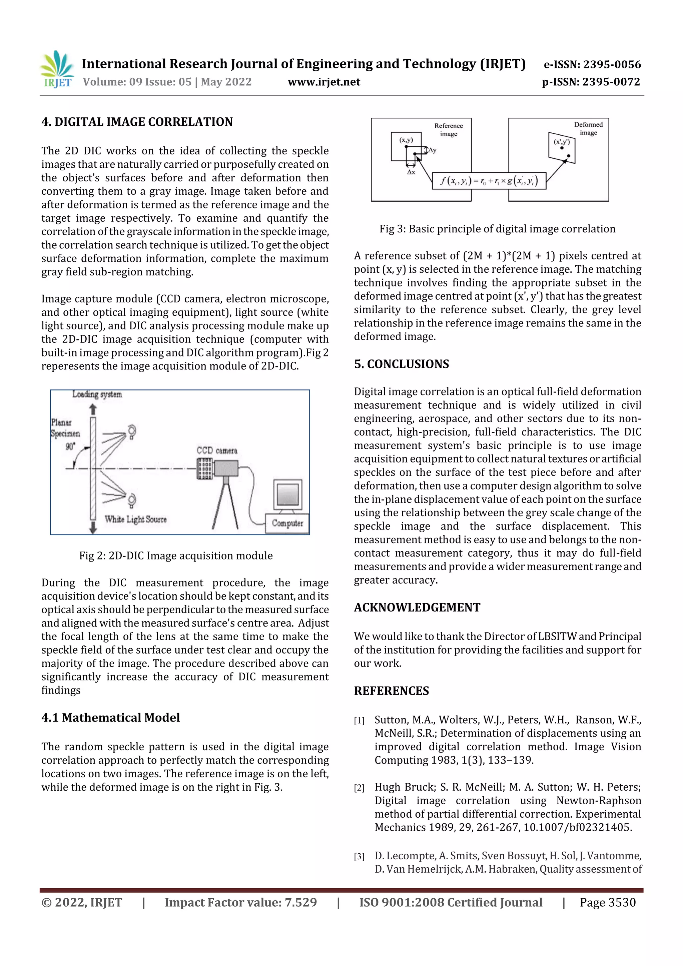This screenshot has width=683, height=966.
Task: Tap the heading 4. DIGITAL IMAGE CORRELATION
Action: (x=137, y=122)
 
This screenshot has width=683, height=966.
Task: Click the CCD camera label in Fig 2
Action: (x=217, y=450)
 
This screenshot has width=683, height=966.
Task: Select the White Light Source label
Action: (x=135, y=519)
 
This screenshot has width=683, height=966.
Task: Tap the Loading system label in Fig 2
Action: (x=97, y=394)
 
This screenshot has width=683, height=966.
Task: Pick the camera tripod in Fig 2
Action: (x=225, y=505)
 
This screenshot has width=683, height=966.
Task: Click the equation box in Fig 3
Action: (x=489, y=181)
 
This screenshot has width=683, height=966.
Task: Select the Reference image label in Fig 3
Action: (x=448, y=130)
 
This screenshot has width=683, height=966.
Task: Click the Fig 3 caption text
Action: (x=497, y=229)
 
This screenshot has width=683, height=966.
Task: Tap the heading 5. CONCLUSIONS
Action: (x=401, y=364)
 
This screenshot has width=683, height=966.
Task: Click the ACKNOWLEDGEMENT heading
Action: (x=417, y=608)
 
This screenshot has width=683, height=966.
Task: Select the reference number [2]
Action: (x=359, y=788)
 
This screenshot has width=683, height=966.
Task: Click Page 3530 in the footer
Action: (x=607, y=902)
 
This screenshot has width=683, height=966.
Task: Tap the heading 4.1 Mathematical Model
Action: (x=110, y=717)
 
